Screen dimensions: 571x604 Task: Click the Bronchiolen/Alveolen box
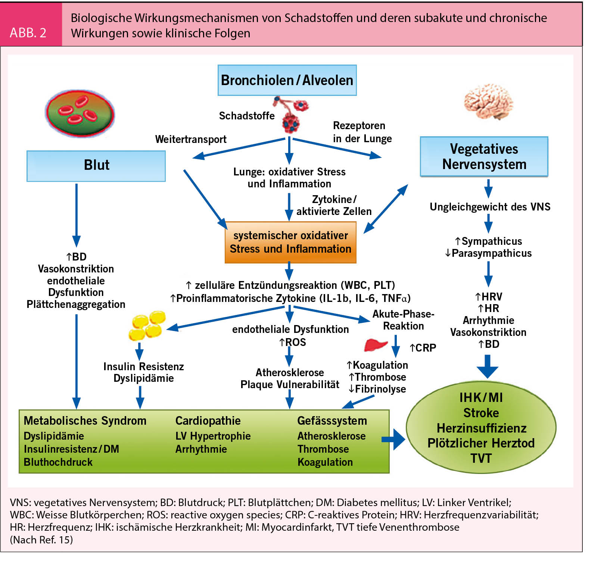click(x=287, y=80)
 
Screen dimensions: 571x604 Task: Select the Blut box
click(x=96, y=166)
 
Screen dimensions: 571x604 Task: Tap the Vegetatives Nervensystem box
click(x=484, y=156)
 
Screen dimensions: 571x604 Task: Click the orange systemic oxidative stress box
click(x=290, y=242)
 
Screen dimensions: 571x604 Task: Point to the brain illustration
click(x=489, y=102)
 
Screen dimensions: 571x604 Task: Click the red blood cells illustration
click(x=80, y=113)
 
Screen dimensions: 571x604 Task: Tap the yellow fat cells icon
click(x=147, y=325)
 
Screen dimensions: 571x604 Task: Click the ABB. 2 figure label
click(x=28, y=33)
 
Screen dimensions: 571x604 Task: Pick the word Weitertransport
click(x=191, y=139)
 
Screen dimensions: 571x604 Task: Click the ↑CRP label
click(x=423, y=348)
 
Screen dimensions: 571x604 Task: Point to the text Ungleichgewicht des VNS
click(x=490, y=207)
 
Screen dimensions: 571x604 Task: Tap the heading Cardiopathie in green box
click(x=208, y=421)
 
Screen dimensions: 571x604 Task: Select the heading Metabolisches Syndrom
click(x=85, y=421)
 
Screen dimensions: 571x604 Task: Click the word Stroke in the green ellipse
click(x=481, y=413)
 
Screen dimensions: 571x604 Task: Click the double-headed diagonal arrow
click(x=386, y=209)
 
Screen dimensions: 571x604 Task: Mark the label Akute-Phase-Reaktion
click(x=403, y=320)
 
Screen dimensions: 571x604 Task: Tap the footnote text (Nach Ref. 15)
click(x=41, y=540)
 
